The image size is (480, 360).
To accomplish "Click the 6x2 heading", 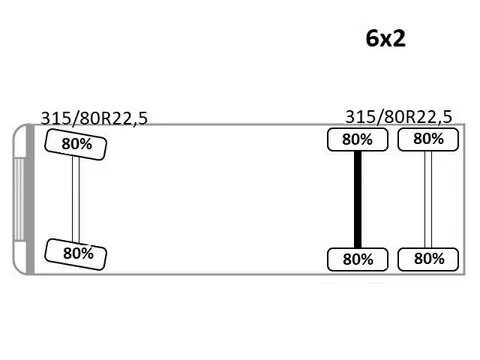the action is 386,38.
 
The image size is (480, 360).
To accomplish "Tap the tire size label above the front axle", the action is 94,118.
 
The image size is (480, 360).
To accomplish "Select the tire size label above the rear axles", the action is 399,117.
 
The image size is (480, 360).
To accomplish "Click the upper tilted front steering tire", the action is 76,144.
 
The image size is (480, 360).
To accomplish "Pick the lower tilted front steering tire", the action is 76,254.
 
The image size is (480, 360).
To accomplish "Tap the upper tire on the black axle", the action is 358,140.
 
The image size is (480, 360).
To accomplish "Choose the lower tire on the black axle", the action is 358,259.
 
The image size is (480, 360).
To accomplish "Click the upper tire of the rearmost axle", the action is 428,139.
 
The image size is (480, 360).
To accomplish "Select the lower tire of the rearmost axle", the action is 428,259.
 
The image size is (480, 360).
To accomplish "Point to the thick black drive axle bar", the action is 358,199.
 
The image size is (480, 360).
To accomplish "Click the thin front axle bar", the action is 76,199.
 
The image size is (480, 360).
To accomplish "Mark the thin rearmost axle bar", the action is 428,199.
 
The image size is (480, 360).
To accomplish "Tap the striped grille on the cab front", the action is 20,199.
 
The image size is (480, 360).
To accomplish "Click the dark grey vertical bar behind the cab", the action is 30,199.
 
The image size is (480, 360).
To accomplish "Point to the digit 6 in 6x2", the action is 372,38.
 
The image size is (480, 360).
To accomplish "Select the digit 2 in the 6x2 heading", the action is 399,38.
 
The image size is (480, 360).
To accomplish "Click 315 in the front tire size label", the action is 54,118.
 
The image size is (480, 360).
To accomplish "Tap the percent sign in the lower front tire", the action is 87,254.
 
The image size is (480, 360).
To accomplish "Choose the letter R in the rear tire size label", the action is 413,117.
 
